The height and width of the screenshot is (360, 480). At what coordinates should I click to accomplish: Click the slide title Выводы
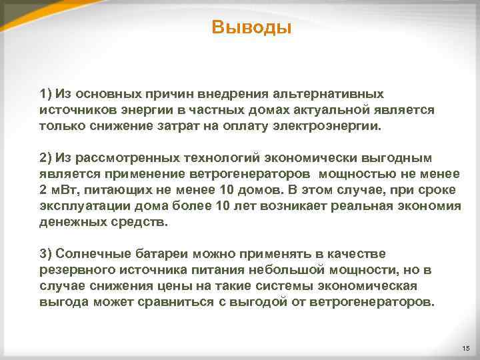pos(251,28)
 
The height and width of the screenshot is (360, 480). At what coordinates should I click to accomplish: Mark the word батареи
pos(163,253)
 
